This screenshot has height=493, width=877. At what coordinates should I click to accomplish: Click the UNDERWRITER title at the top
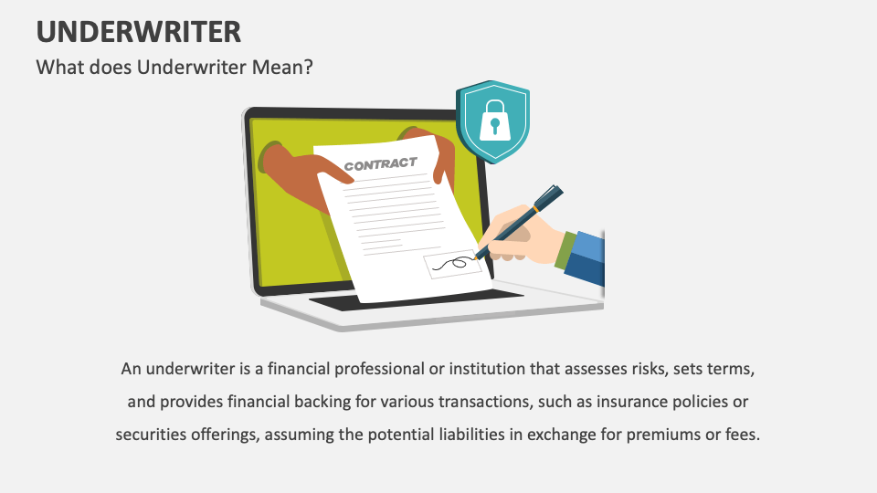(139, 32)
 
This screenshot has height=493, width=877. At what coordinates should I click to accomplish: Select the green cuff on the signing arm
(565, 249)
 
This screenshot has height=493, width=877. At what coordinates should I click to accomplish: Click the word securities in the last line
(151, 435)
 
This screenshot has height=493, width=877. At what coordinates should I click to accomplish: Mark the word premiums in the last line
(657, 435)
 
